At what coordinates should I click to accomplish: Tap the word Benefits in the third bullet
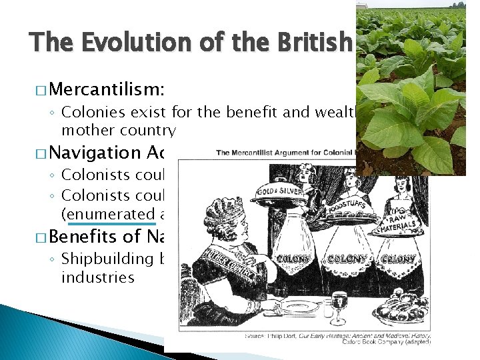click(85, 237)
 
